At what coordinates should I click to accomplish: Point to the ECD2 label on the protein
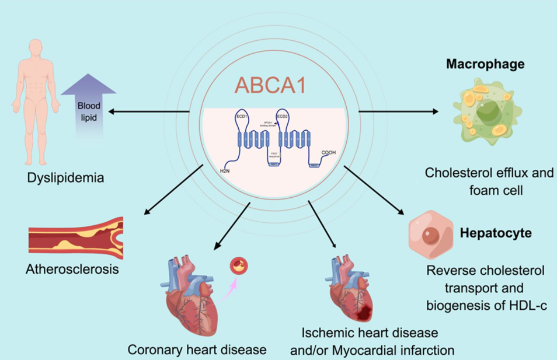click(x=283, y=117)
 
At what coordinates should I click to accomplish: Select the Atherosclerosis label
click(x=72, y=270)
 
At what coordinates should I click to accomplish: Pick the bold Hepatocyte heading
click(x=496, y=233)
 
